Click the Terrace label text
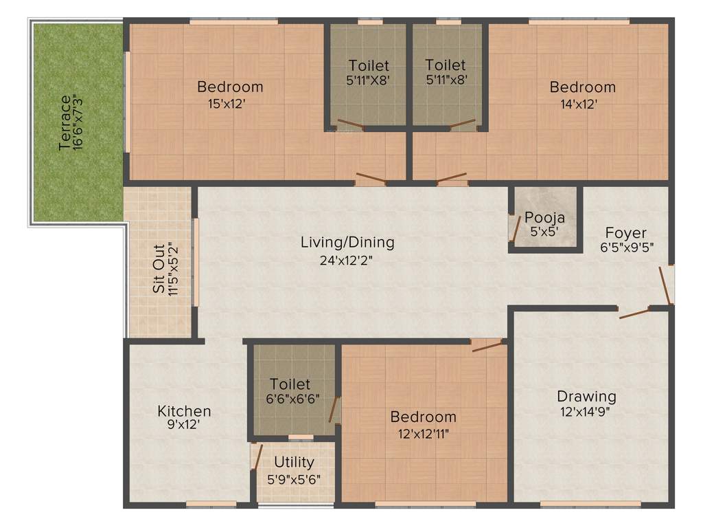click(64, 123)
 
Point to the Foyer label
click(625, 232)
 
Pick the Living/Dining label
click(347, 242)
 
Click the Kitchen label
click(184, 411)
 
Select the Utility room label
click(294, 462)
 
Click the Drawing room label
click(586, 396)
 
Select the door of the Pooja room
click(514, 228)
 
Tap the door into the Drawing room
click(634, 313)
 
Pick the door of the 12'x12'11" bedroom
click(487, 345)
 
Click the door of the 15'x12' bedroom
click(371, 180)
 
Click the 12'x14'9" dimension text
click(586, 412)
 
